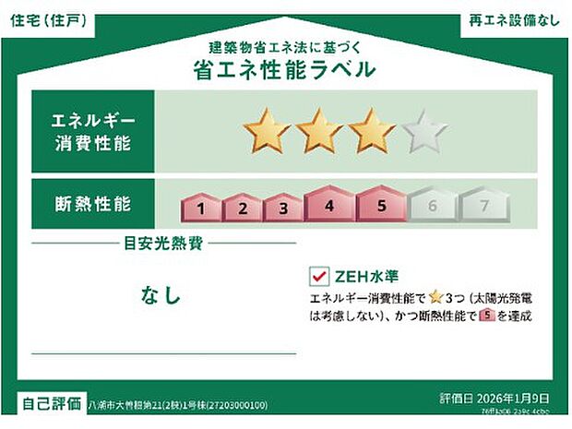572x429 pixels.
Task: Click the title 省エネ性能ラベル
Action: tap(285, 69)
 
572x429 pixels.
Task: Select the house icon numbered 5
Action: tap(379, 205)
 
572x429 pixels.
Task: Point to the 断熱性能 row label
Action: tap(93, 201)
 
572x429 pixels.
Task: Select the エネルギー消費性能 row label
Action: tap(93, 131)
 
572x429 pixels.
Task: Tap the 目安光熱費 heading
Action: tap(163, 244)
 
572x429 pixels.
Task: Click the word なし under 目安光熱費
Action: tap(161, 295)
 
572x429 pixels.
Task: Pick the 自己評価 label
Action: tap(51, 403)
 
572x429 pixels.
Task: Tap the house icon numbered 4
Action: tap(329, 205)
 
